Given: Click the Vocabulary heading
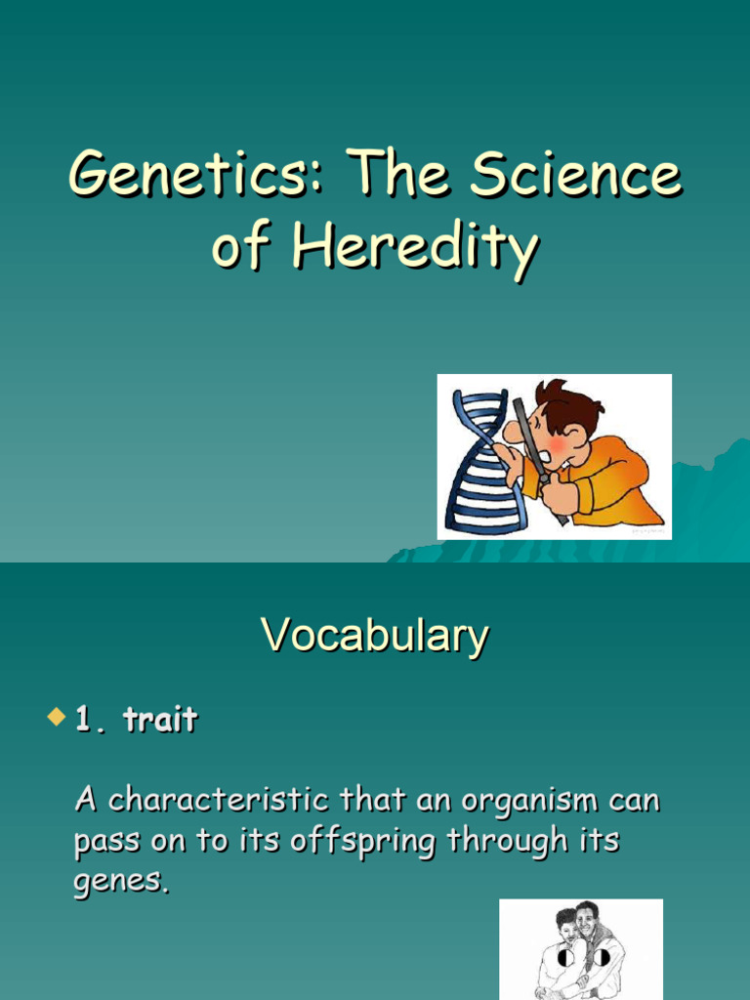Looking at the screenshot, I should (375, 636).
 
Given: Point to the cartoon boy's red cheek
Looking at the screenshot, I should (554, 445).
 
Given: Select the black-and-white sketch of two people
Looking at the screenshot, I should (580, 949).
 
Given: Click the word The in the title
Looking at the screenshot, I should (390, 176).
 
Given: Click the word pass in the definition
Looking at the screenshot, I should (104, 842).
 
